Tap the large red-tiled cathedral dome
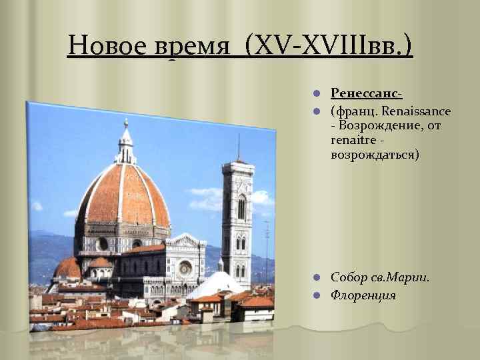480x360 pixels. click(123, 197)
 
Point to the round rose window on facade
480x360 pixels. click(185, 268)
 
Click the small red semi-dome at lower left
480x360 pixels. click(68, 269)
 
